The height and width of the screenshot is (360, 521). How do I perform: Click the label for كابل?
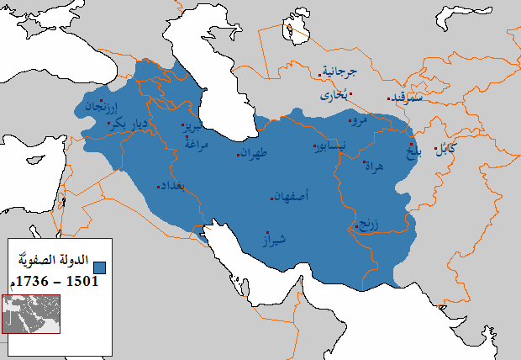446,150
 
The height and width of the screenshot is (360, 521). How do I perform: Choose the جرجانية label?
341,72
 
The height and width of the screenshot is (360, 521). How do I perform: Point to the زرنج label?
368,224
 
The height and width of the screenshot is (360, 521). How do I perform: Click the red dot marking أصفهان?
271,199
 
